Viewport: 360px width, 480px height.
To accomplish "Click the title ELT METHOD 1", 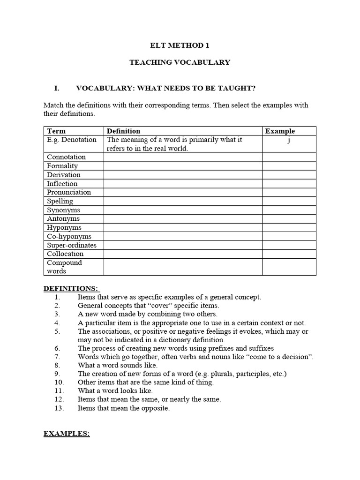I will pyautogui.click(x=180, y=45).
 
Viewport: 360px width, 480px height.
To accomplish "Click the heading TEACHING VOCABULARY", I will pyautogui.click(x=180, y=62).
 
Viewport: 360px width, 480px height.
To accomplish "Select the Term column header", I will pyautogui.click(x=56, y=131).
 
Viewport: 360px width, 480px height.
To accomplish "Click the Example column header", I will pyautogui.click(x=280, y=131).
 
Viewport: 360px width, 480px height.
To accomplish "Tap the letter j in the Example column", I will pyautogui.click(x=289, y=140).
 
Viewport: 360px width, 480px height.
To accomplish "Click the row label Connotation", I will pyautogui.click(x=66, y=157).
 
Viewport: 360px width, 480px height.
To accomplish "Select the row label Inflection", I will pyautogui.click(x=62, y=184).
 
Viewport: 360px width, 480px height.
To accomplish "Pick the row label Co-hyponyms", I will pyautogui.click(x=69, y=237).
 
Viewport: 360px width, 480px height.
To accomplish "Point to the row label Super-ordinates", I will pyautogui.click(x=71, y=245).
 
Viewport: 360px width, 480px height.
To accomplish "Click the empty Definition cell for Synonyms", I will pyautogui.click(x=182, y=210).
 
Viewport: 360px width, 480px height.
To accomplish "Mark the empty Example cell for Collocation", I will pyautogui.click(x=289, y=254).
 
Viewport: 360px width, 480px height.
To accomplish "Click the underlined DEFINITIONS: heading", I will pyautogui.click(x=72, y=288).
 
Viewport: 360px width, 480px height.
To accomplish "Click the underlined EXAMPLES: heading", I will pyautogui.click(x=67, y=434).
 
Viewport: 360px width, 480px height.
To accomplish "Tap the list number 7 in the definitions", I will pyautogui.click(x=57, y=357).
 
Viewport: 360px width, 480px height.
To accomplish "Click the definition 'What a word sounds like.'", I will pyautogui.click(x=118, y=365).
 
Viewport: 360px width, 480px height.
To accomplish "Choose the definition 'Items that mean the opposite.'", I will pyautogui.click(x=124, y=408).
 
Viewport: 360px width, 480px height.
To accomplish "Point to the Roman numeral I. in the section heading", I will pyautogui.click(x=58, y=88).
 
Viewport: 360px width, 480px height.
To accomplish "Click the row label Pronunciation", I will pyautogui.click(x=69, y=192).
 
